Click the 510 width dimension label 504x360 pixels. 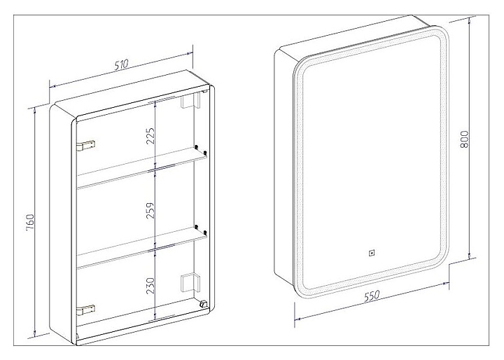tap(122, 64)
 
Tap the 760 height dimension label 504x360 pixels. tap(30, 221)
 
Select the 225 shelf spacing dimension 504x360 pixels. tap(150, 136)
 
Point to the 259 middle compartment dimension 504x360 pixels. tap(150, 210)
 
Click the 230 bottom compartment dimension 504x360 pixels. tap(150, 286)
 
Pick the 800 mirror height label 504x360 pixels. tap(464, 139)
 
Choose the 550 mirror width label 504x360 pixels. tap(372, 296)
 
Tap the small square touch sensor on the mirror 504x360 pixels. tap(371, 253)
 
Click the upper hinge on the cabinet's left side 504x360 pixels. tap(86, 145)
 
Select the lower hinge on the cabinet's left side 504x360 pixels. tap(86, 310)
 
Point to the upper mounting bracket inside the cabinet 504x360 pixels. tap(190, 100)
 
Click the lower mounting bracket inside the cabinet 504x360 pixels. tap(190, 283)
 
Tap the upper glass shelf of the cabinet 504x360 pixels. tap(142, 168)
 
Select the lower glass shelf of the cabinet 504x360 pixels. tap(142, 248)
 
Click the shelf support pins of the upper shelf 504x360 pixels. tap(200, 150)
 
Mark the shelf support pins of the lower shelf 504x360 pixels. tap(200, 230)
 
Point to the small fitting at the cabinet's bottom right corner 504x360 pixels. tap(203, 304)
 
